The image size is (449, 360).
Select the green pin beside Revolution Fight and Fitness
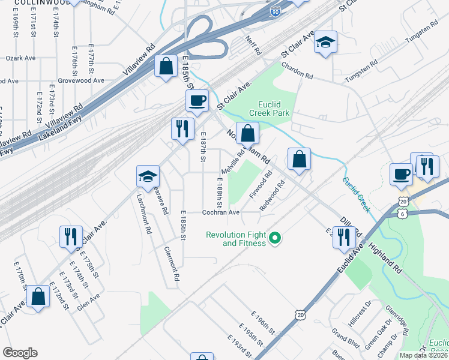click(275, 239)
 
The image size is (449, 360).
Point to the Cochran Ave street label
click(221, 212)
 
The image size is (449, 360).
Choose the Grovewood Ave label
click(81, 80)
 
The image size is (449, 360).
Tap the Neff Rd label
click(253, 45)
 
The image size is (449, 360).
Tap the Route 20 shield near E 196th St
click(300, 314)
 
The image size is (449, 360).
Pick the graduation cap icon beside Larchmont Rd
click(148, 176)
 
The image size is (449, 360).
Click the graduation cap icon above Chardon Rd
click(325, 42)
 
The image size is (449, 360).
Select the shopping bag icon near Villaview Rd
click(166, 66)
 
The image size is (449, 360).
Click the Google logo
click(20, 353)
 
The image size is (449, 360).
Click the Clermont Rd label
click(170, 264)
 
